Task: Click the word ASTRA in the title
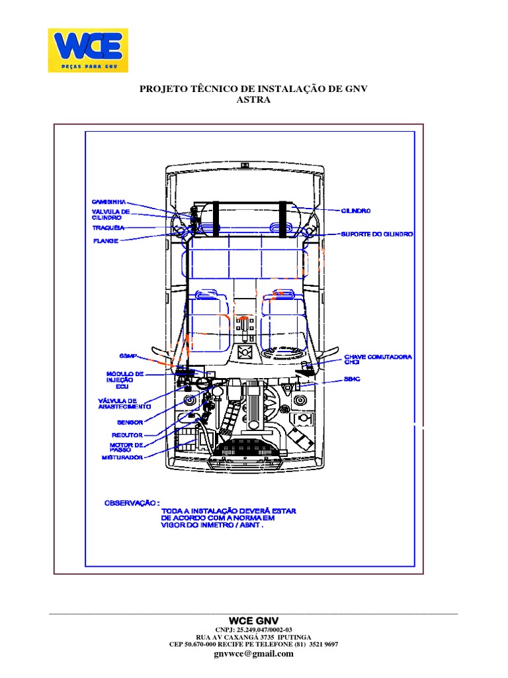point(253,99)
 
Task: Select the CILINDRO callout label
point(356,211)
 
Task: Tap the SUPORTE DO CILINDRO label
point(377,234)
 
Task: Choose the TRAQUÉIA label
point(108,228)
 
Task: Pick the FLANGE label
point(105,241)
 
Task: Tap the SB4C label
point(351,379)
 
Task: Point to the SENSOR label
point(130,422)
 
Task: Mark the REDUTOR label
point(127,435)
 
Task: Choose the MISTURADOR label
point(122,457)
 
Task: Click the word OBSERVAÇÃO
point(132,503)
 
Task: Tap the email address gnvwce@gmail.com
point(253,654)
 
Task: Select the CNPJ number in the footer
point(253,630)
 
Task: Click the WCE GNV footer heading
point(253,620)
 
